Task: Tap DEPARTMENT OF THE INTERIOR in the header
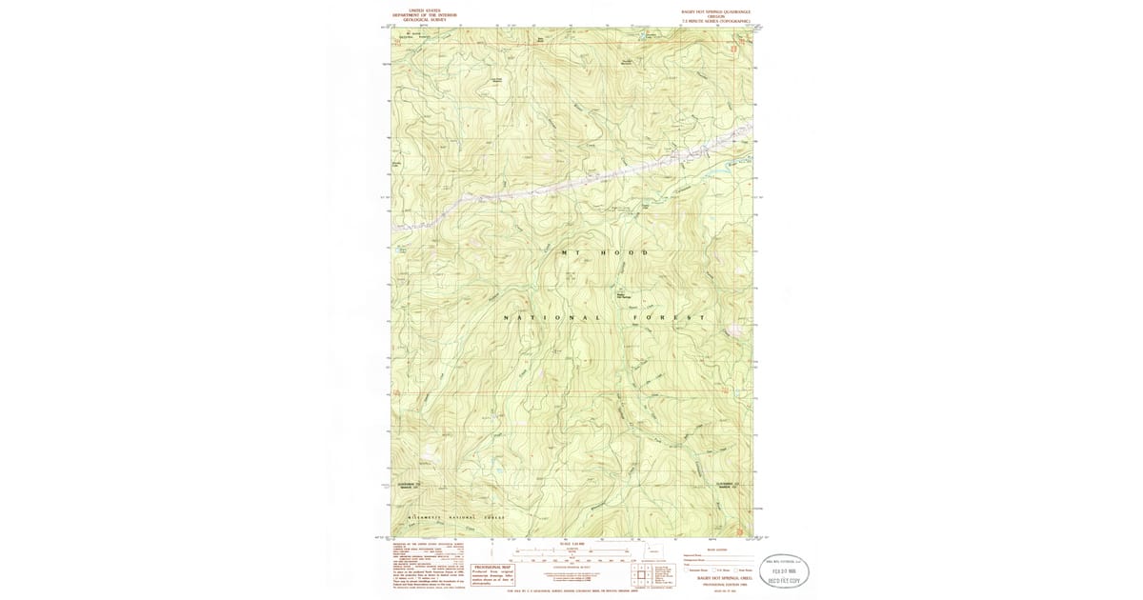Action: click(x=425, y=14)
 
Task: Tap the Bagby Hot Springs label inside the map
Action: click(x=625, y=295)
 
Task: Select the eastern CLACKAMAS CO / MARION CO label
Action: click(x=730, y=485)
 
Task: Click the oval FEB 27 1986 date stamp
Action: click(x=785, y=571)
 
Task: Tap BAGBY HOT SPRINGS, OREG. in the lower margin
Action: click(x=722, y=578)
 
